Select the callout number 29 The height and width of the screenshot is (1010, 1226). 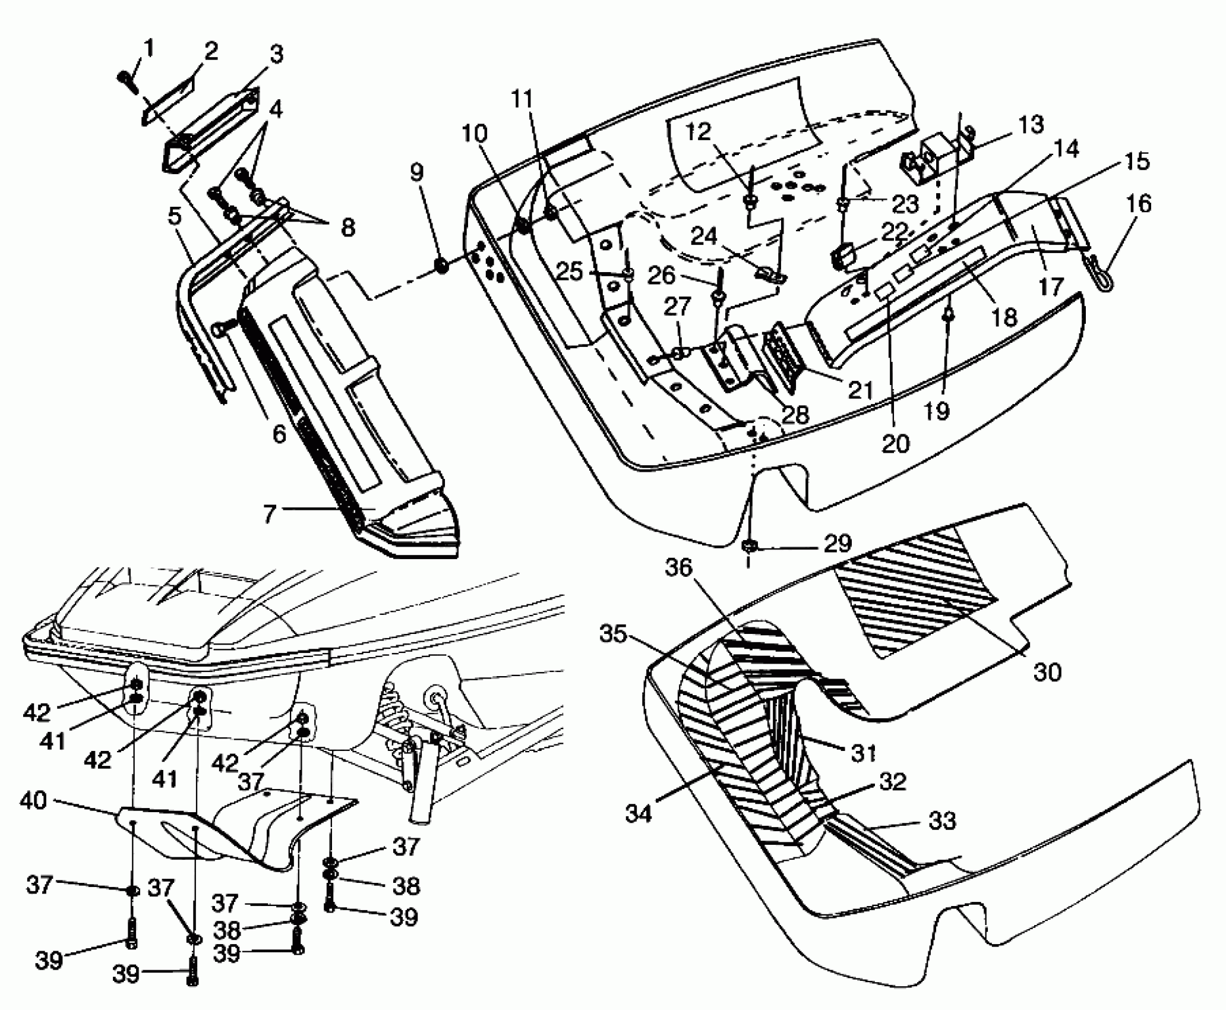coord(838,542)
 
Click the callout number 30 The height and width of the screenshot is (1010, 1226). coord(1047,672)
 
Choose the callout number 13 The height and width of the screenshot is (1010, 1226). coord(1030,125)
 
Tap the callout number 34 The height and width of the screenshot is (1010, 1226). coord(639,812)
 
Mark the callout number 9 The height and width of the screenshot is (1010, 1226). coord(417,173)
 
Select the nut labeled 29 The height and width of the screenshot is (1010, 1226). coord(748,545)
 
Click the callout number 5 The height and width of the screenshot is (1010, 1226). coord(174,217)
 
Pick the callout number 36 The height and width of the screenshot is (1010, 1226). coord(678,569)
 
